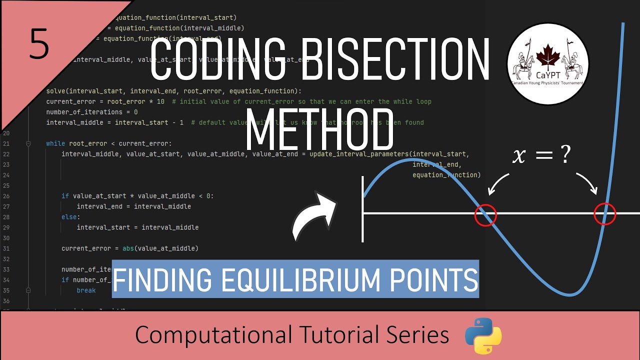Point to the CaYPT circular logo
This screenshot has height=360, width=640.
tap(548, 63)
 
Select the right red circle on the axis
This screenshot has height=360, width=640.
tap(605, 214)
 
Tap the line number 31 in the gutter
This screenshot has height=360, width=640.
tap(6, 248)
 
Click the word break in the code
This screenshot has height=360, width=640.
tap(86, 290)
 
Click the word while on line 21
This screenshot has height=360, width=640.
tap(55, 143)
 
